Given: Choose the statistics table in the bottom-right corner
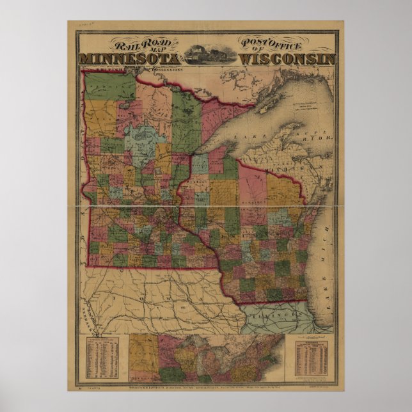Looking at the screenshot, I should pyautogui.click(x=312, y=359).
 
